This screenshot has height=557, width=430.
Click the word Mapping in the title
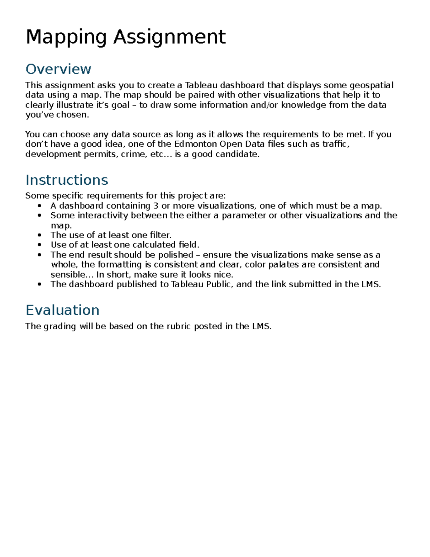66,37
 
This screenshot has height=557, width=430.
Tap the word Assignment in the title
169,37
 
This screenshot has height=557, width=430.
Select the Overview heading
58,69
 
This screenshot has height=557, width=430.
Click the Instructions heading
67,180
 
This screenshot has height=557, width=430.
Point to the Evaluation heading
62,310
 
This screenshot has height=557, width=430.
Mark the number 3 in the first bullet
156,206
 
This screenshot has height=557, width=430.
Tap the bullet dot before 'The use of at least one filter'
39,235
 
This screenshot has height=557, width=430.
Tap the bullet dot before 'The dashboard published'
39,284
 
